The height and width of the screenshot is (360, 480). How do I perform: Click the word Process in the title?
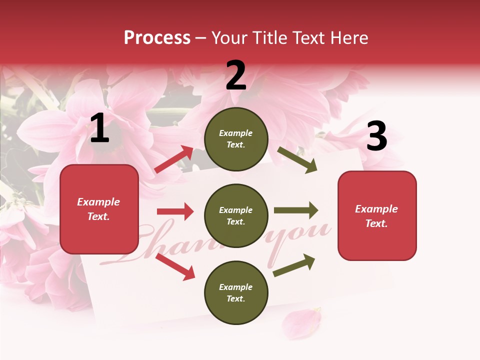[157, 38]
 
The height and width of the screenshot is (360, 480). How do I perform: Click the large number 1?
[99, 128]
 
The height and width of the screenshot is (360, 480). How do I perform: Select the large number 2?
[236, 75]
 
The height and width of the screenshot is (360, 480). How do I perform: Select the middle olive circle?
[236, 215]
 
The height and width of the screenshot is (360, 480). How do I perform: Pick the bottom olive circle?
[236, 292]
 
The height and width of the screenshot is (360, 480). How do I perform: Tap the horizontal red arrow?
[175, 211]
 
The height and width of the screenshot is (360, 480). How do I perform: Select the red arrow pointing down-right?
[175, 266]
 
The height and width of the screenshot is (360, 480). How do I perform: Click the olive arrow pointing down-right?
[297, 160]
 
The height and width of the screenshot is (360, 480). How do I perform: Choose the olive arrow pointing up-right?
[294, 265]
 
